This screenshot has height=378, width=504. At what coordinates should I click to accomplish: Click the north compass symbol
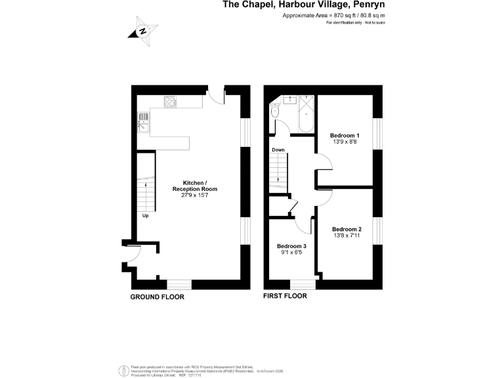[144, 31]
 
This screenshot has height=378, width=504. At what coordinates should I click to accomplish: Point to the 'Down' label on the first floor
[278, 150]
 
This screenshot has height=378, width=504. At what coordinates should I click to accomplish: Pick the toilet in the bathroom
[275, 114]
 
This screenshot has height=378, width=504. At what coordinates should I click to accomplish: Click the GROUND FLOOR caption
[157, 297]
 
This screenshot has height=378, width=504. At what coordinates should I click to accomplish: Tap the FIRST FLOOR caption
[285, 296]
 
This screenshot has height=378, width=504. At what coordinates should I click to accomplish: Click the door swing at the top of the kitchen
[215, 97]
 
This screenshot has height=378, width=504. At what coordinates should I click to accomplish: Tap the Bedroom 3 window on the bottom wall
[303, 284]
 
